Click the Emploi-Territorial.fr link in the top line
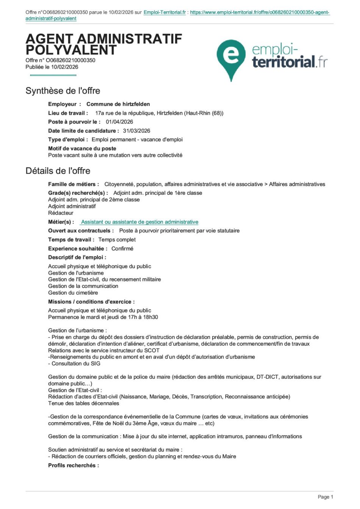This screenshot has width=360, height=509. tap(165, 12)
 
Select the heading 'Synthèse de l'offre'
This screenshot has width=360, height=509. tap(63, 91)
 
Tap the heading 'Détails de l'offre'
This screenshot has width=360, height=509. tap(58, 171)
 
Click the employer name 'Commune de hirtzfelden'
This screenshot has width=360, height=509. tap(118, 104)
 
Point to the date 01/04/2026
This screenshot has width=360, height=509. tap(119, 122)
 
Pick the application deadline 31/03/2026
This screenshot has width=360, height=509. tap(136, 131)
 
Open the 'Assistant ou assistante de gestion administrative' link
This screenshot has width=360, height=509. tap(139, 222)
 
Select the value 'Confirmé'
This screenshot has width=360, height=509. tap(122, 249)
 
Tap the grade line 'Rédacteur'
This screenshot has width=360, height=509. tap(61, 213)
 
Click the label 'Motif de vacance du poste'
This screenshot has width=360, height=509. tap(82, 148)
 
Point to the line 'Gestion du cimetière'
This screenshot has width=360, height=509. tap(73, 293)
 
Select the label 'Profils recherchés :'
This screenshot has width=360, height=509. tap(74, 465)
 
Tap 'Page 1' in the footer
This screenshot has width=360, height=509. tap(325, 497)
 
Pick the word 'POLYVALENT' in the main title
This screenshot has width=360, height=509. tap(71, 50)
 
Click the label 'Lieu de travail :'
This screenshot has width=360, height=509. tap(68, 113)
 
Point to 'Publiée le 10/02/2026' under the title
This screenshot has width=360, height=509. tap(52, 67)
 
